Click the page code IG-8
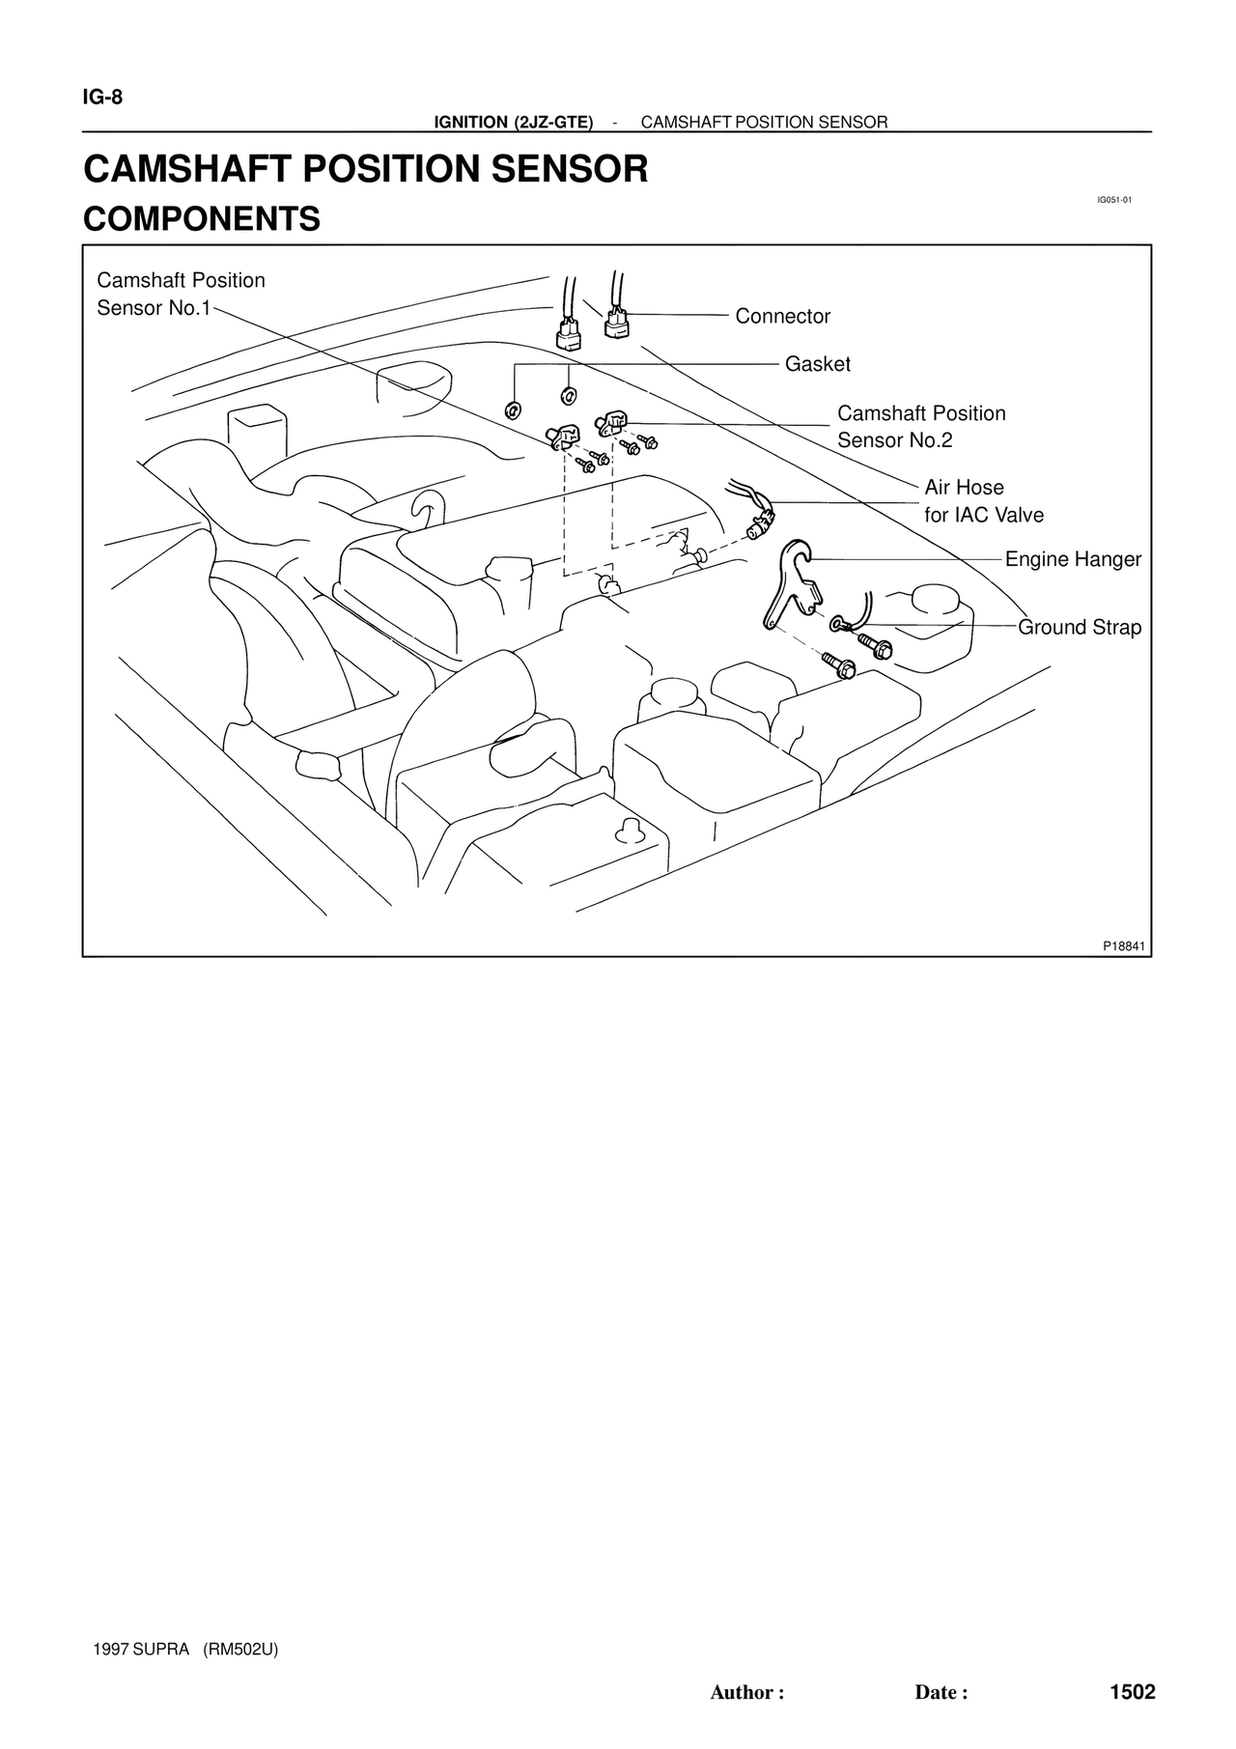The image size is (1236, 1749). (103, 98)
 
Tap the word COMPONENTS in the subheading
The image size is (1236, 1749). (202, 219)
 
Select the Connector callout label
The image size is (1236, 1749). (782, 317)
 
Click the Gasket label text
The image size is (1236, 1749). (817, 365)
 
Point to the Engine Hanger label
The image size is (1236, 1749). (1073, 560)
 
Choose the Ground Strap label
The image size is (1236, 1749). (1080, 628)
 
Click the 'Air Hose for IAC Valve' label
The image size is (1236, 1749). (983, 501)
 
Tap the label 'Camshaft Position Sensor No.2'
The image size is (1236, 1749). (920, 427)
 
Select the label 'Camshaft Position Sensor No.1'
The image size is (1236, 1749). (181, 295)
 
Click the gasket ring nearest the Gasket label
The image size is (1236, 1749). (569, 395)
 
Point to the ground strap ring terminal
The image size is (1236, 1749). (837, 625)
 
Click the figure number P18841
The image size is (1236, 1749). (1124, 945)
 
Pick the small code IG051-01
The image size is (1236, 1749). (1113, 200)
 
